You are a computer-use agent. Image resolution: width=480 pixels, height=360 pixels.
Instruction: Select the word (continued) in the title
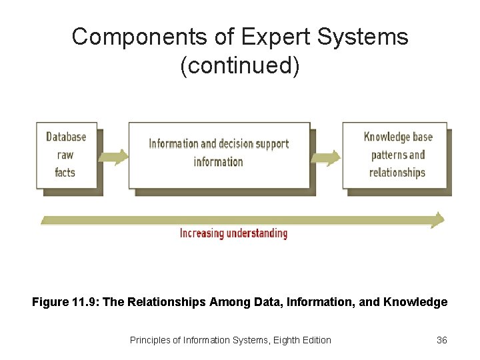(240, 66)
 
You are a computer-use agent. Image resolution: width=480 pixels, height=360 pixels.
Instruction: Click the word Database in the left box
(66, 137)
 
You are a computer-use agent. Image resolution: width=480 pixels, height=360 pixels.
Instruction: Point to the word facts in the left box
(65, 173)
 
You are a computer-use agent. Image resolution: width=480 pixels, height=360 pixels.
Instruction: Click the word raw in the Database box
(65, 155)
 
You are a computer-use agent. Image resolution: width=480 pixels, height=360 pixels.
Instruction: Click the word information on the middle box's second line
(219, 161)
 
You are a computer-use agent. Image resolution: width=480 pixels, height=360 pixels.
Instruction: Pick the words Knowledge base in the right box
(398, 137)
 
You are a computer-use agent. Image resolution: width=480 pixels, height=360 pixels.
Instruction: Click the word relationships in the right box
(397, 173)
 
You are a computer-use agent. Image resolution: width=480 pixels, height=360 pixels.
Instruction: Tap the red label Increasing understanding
(233, 233)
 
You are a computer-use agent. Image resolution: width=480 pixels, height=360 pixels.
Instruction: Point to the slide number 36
(441, 340)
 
